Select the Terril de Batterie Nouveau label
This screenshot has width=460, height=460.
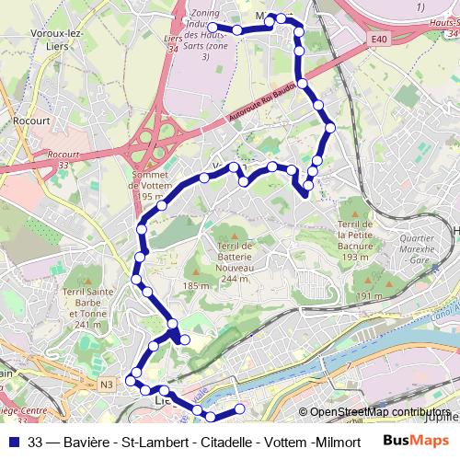228,258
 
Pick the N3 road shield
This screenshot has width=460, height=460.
107,384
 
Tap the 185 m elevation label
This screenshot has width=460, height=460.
196,286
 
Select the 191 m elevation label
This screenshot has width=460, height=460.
369,295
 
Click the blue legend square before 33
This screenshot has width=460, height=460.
12,442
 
